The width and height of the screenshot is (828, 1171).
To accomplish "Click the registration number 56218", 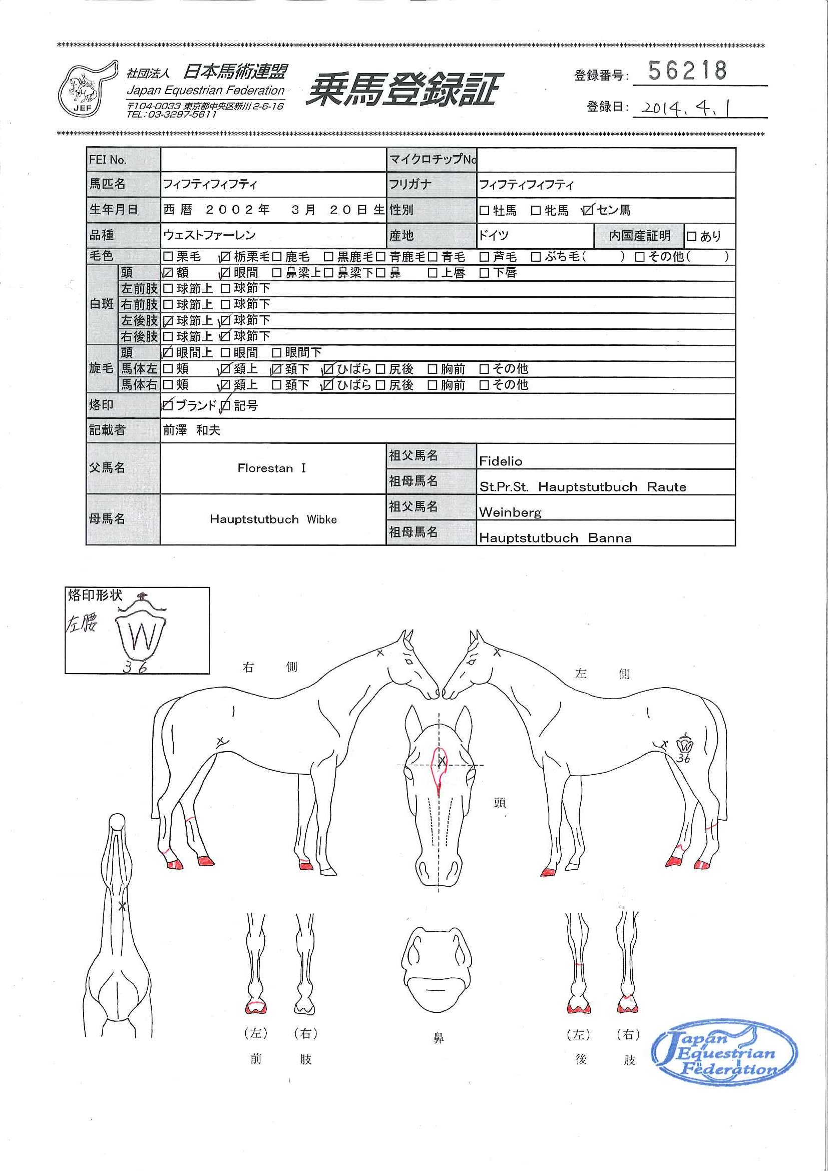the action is click(x=687, y=71).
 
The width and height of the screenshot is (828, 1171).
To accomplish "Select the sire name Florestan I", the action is click(x=271, y=468).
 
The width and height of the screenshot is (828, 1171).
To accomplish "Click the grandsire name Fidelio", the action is click(x=501, y=461).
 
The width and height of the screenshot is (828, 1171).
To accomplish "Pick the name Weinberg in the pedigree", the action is click(x=510, y=512).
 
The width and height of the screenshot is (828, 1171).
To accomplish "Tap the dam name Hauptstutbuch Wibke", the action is click(x=273, y=520).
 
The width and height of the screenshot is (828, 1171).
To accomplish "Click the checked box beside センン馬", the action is click(x=588, y=210).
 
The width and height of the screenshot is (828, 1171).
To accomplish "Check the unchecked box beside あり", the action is click(x=691, y=236).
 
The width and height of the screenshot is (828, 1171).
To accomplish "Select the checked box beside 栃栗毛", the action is click(x=225, y=257).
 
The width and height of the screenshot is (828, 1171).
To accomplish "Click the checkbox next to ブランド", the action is click(x=167, y=406).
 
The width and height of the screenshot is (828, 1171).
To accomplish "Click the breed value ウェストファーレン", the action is click(x=209, y=236).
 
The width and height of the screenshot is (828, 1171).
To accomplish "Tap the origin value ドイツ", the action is click(x=493, y=236).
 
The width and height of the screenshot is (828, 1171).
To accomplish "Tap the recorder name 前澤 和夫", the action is click(x=191, y=430).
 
